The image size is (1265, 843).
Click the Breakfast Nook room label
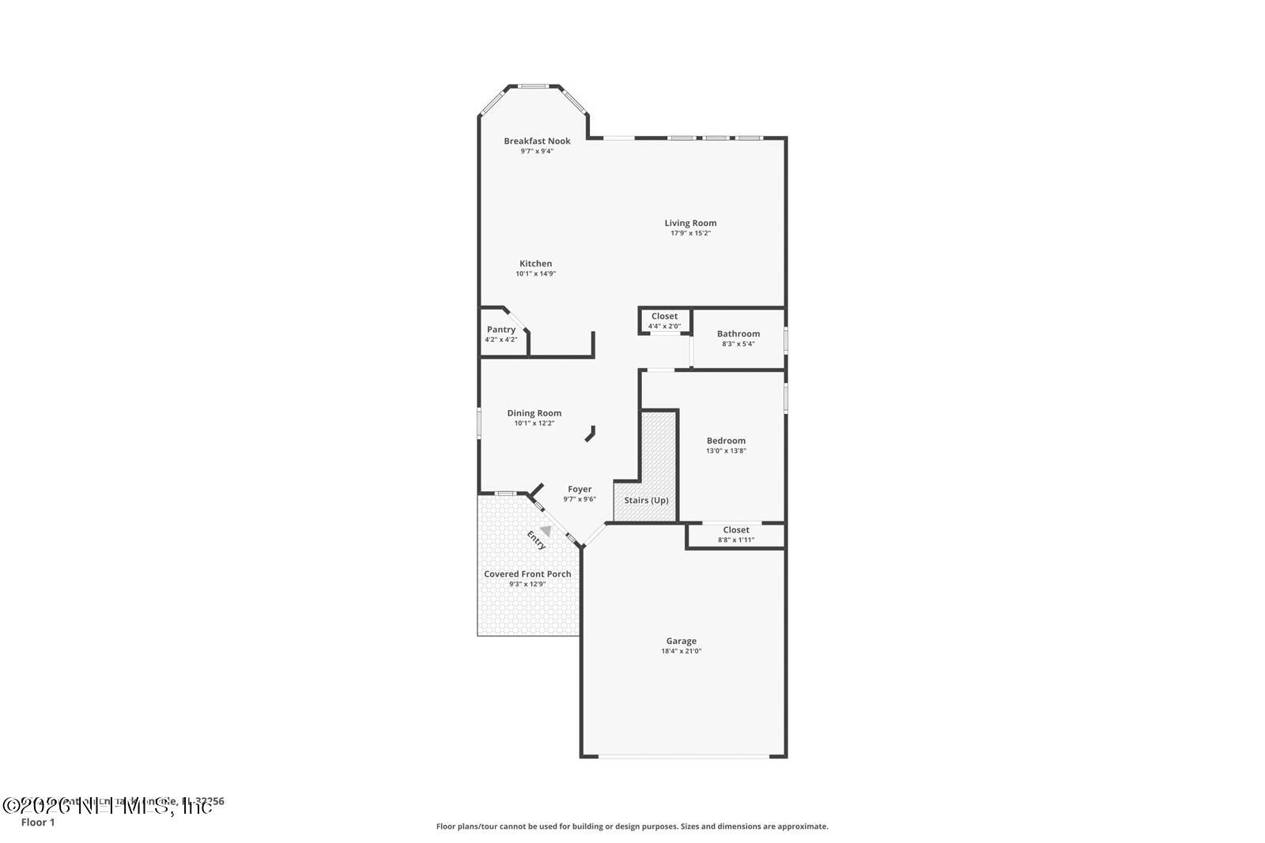[x=537, y=141]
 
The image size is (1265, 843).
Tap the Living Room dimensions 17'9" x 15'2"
[x=690, y=234]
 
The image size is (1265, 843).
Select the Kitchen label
[x=535, y=264]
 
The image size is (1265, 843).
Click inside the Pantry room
[x=501, y=334]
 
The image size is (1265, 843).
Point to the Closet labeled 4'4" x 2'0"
[x=664, y=321]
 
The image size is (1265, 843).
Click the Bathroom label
[x=738, y=334]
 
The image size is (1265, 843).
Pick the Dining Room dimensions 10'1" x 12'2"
[x=534, y=423]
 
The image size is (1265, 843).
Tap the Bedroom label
[x=726, y=441]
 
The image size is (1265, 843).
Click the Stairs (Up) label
[x=646, y=500]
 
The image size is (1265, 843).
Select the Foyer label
[x=580, y=489]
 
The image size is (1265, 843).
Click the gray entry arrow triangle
[x=546, y=532]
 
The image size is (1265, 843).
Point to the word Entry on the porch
[x=536, y=540]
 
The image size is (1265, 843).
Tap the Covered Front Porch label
[x=527, y=574]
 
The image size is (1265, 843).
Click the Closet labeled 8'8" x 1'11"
[x=735, y=535]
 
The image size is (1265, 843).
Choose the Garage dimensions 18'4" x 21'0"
[x=681, y=652]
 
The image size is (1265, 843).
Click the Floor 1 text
[x=38, y=822]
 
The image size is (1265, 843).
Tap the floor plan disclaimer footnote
[x=632, y=826]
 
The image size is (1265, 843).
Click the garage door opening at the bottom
[x=683, y=757]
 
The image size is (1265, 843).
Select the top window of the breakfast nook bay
[x=534, y=85]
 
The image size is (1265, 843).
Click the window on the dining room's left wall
[x=478, y=421]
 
